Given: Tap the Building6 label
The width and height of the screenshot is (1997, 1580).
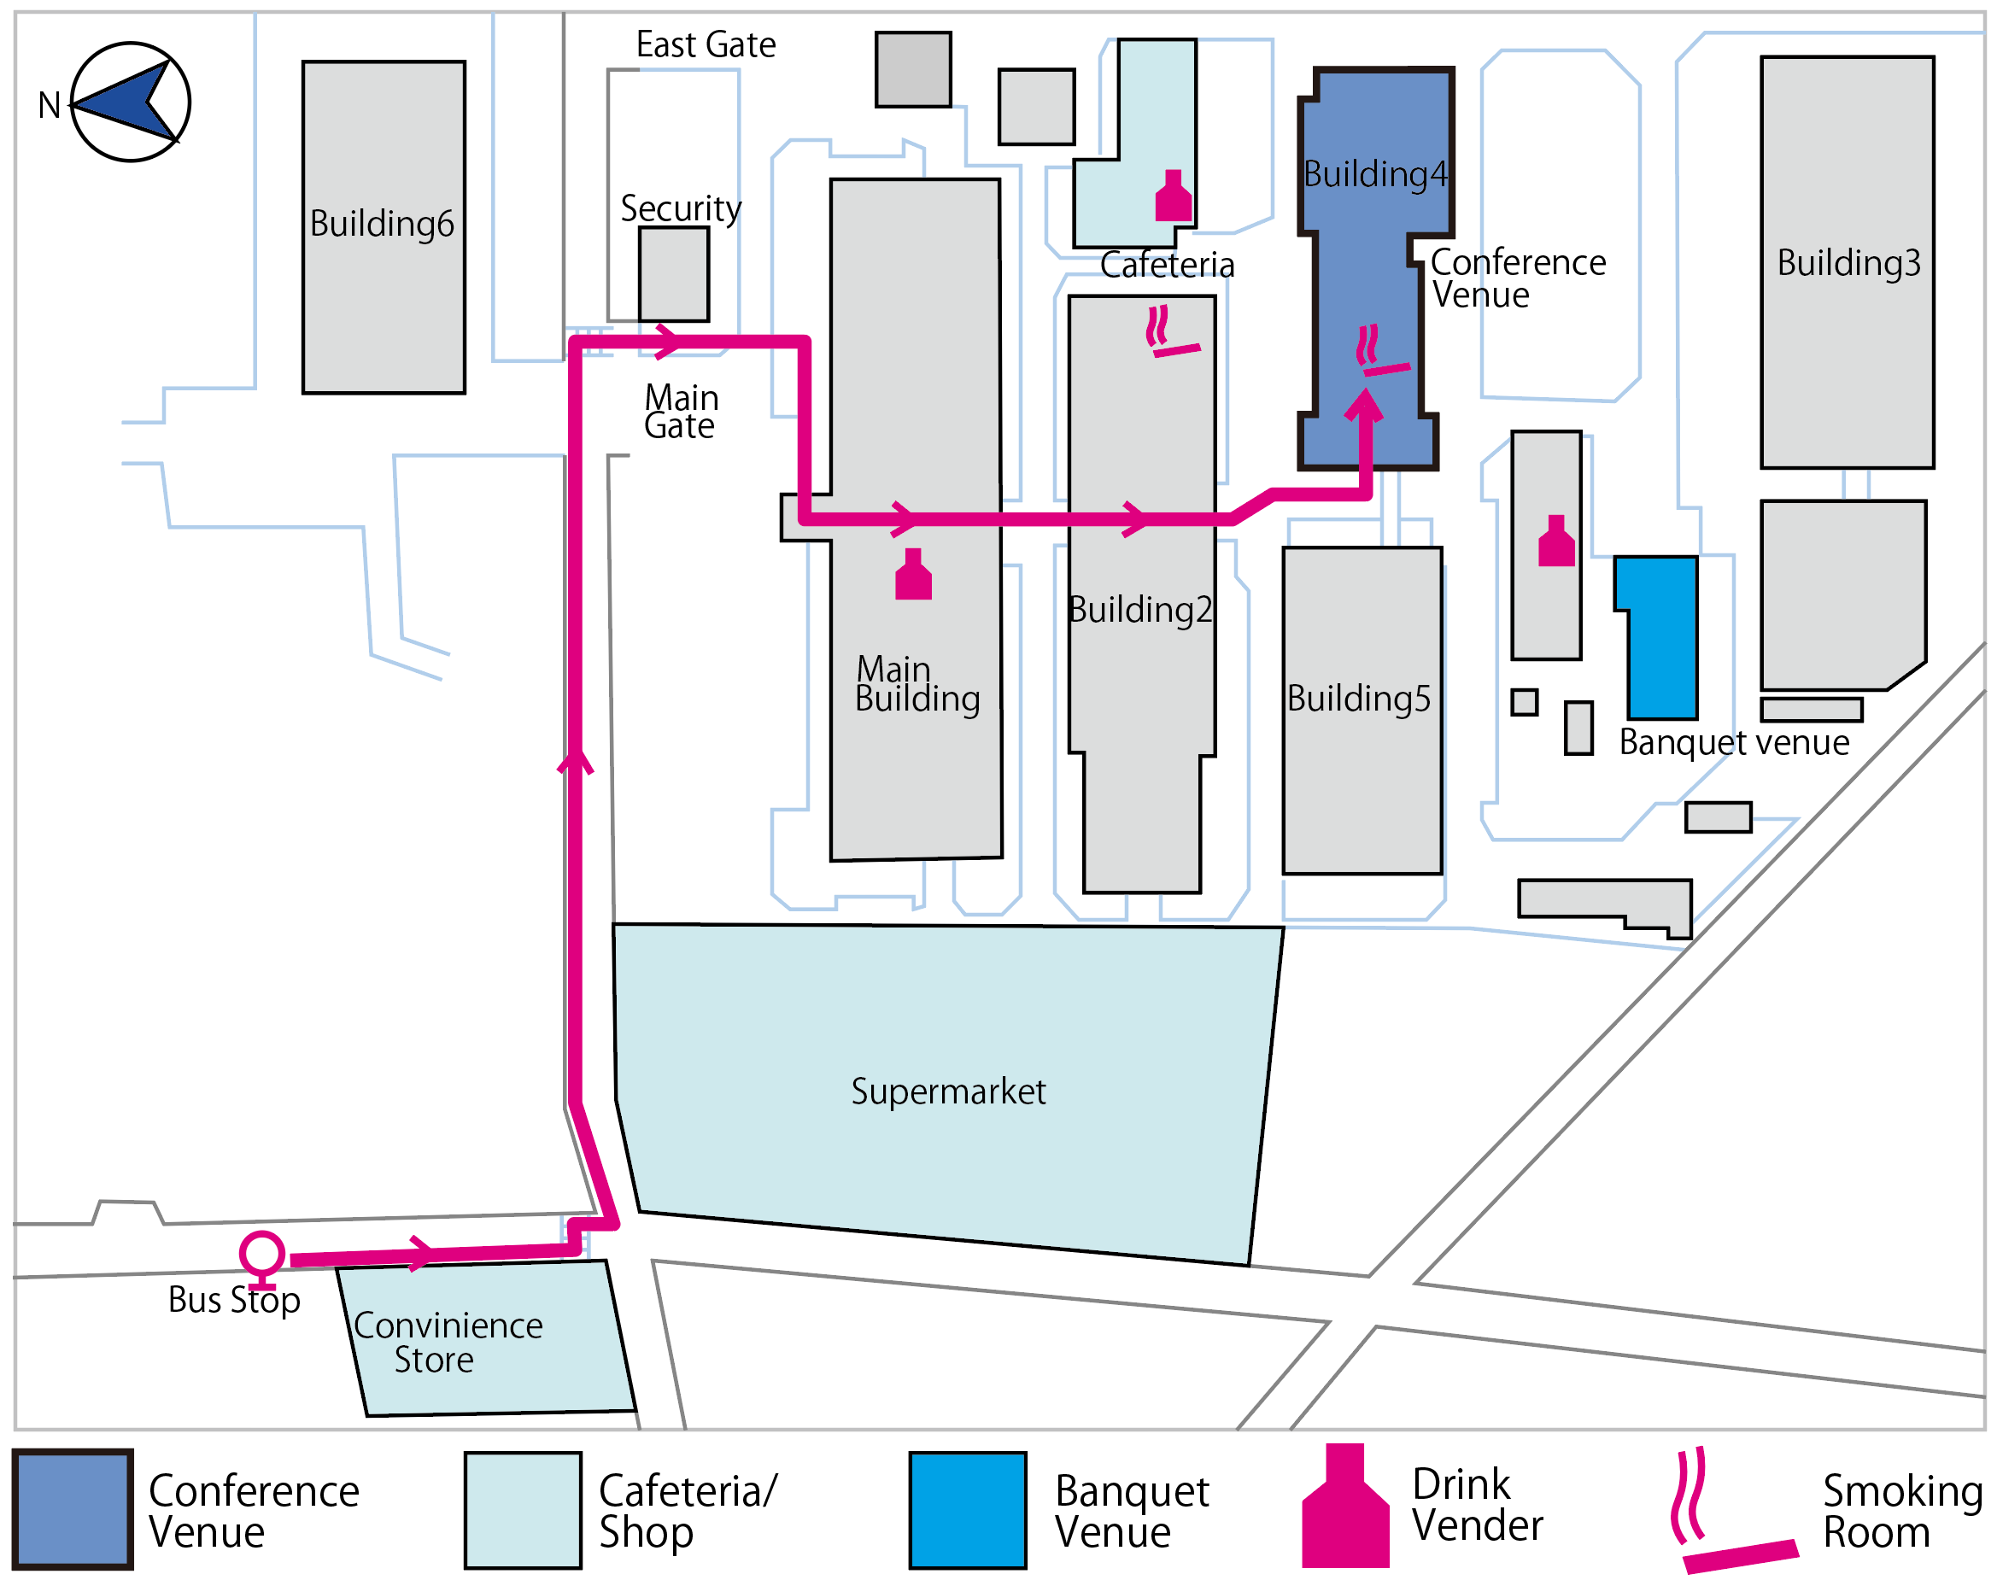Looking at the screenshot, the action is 381,225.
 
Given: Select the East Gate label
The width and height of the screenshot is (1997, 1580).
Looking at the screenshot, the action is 706,44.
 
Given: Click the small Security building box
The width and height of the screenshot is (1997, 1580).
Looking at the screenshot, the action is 674,274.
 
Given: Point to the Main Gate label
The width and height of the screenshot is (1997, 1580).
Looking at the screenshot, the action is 681,412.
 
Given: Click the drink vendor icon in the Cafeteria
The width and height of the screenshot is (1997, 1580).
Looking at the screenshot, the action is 1173,196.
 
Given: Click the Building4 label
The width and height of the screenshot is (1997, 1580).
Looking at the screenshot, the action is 1374,174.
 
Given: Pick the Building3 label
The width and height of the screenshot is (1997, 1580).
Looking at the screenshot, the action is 1848,263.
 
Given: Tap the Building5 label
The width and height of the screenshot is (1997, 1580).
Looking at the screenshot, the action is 1358,699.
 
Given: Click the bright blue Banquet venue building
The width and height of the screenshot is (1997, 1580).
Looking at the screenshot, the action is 1658,637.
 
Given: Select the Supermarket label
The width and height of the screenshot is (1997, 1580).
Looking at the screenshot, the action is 948,1092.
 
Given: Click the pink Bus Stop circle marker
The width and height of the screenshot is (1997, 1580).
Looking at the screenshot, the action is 261,1255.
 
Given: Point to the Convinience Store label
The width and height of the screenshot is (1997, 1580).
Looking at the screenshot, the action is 448,1343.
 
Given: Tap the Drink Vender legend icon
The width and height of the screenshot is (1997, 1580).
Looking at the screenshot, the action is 1345,1505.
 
